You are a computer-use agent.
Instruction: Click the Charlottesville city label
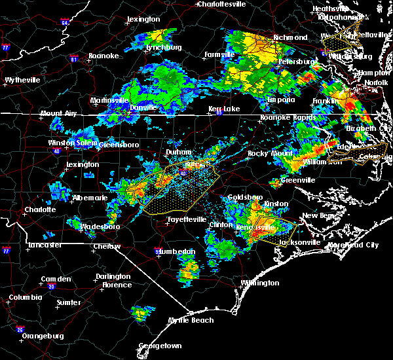click(223, 4)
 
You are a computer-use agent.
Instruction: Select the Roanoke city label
click(103, 56)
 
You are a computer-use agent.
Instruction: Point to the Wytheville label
click(22, 80)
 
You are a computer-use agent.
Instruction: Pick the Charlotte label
click(38, 210)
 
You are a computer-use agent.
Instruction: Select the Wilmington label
click(259, 283)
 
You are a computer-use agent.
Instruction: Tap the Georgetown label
click(160, 346)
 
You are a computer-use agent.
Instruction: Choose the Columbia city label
click(24, 297)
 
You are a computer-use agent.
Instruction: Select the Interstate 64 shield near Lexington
click(65, 22)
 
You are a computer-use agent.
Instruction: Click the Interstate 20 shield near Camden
click(50, 287)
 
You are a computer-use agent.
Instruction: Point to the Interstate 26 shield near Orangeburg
click(21, 329)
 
